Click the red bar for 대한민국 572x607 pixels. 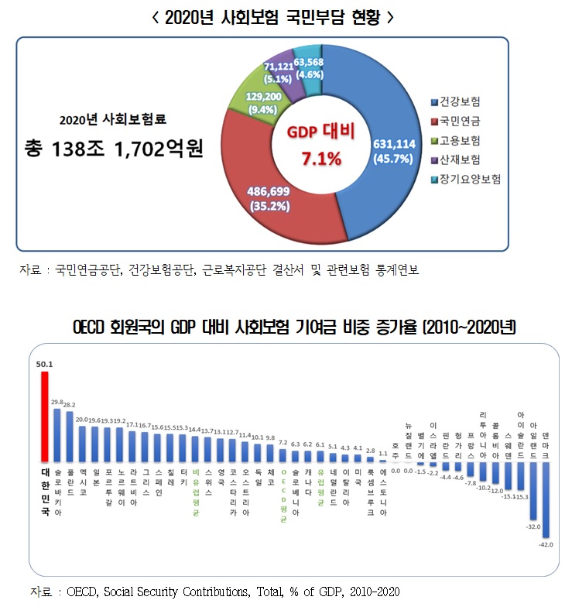(x=45, y=418)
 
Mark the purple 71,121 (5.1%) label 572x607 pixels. (x=279, y=72)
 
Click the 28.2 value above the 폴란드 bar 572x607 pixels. (x=69, y=405)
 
